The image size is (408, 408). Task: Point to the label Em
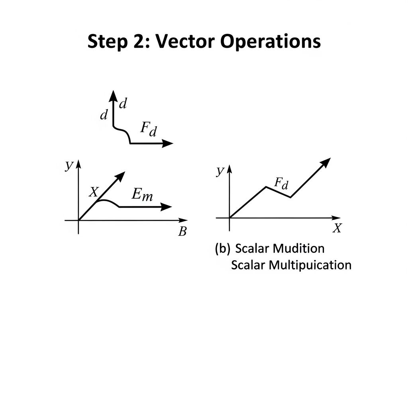pos(142,195)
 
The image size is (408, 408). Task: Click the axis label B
pos(182,232)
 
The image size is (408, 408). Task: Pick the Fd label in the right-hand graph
pos(282,183)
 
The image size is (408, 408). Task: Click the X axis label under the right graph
pos(337,228)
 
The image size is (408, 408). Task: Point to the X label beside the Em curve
pos(93,192)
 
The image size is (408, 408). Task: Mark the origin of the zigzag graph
pos(229,218)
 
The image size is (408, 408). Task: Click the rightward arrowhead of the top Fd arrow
pos(169,144)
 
